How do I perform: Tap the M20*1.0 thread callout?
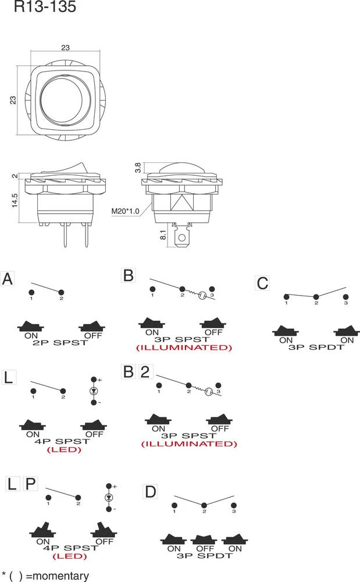click(x=126, y=211)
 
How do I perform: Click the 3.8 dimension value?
click(x=137, y=168)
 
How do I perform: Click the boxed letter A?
click(x=8, y=279)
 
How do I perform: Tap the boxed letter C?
click(x=263, y=283)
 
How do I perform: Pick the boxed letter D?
click(x=151, y=492)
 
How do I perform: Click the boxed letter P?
click(x=31, y=484)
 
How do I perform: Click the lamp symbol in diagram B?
click(x=201, y=295)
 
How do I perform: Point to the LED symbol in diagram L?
click(x=93, y=391)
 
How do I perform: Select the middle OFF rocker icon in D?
click(x=204, y=541)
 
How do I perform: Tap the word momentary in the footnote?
click(x=57, y=576)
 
